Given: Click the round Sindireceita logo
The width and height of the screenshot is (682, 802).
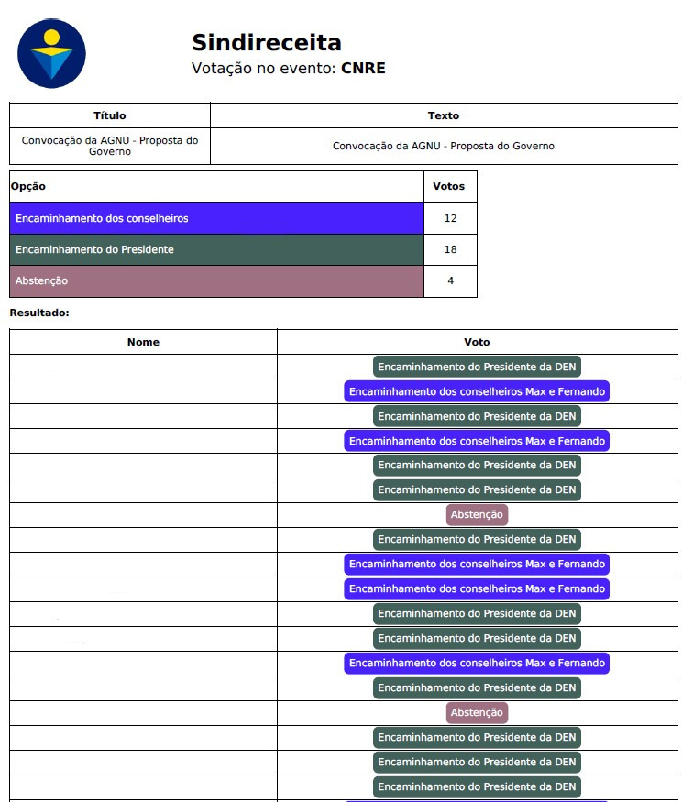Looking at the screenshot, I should click(x=51, y=54).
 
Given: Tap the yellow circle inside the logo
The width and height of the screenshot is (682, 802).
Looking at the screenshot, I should click(x=51, y=38).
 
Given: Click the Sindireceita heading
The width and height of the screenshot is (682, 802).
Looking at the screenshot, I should click(x=266, y=42).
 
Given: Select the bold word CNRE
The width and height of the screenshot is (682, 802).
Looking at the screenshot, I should click(x=363, y=68).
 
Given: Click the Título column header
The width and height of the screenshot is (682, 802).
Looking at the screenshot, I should click(x=110, y=115).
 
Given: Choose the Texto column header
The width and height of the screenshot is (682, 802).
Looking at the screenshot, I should click(x=444, y=115).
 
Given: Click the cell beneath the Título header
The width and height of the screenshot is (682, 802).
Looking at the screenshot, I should click(x=110, y=146).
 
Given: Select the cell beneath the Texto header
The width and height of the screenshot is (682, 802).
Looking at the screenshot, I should click(x=444, y=146).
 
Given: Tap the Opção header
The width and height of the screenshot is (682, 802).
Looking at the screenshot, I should click(x=28, y=186).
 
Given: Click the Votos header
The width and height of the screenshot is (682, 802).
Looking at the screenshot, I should click(x=449, y=186).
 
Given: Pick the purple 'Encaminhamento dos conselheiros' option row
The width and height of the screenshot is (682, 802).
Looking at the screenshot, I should click(x=216, y=218).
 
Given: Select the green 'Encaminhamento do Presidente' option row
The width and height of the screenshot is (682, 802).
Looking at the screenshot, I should click(x=216, y=249).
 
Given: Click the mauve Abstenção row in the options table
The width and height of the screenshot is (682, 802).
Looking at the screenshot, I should click(x=216, y=280).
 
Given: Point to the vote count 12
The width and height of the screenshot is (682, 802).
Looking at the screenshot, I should click(x=450, y=218).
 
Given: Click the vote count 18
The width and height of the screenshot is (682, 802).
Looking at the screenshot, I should click(x=450, y=249).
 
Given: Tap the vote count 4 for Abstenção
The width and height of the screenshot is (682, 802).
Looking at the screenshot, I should click(x=450, y=280).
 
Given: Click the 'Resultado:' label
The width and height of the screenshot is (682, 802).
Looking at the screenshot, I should click(x=39, y=313).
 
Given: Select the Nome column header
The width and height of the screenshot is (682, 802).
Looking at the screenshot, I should click(x=143, y=342).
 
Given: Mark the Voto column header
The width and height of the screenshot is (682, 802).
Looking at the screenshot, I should click(x=477, y=342).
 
